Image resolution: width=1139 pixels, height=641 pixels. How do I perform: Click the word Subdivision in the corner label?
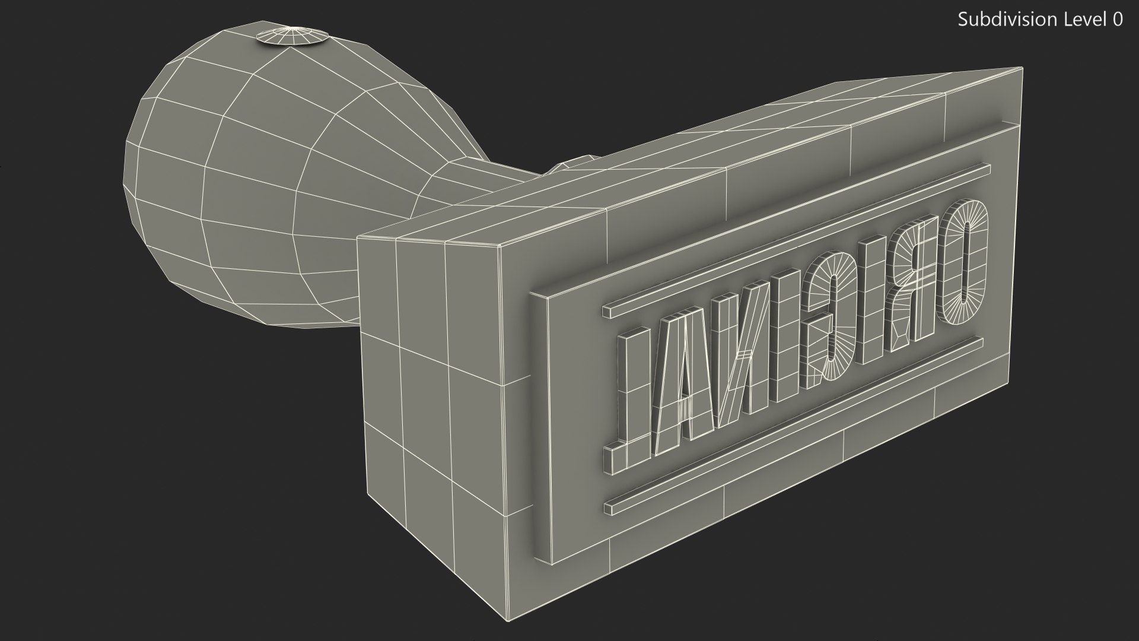pos(1008,20)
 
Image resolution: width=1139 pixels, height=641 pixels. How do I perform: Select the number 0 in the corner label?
pos(1117,20)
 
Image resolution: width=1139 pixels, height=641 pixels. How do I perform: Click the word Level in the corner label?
pos(1086,20)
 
